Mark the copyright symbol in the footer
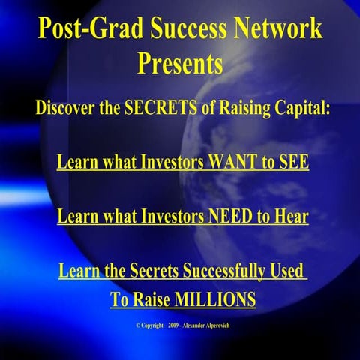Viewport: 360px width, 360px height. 138,325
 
